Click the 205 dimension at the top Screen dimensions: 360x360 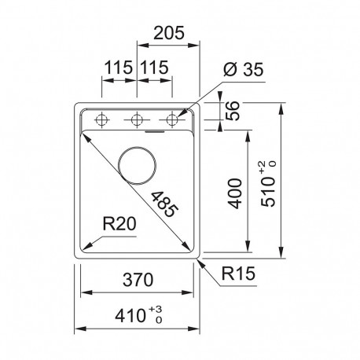pos(169,33)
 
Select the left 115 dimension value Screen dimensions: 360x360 pos(119,68)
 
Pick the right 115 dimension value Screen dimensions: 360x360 pos(154,68)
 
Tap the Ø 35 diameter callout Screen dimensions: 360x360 pos(244,70)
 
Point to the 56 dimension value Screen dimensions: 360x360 pos(233,111)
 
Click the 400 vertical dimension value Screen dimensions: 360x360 pos(235,193)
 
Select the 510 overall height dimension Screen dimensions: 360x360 pos(268,184)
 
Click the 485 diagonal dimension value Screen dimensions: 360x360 pos(165,204)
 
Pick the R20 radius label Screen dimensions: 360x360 pos(119,224)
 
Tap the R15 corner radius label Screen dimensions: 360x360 pos(238,274)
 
